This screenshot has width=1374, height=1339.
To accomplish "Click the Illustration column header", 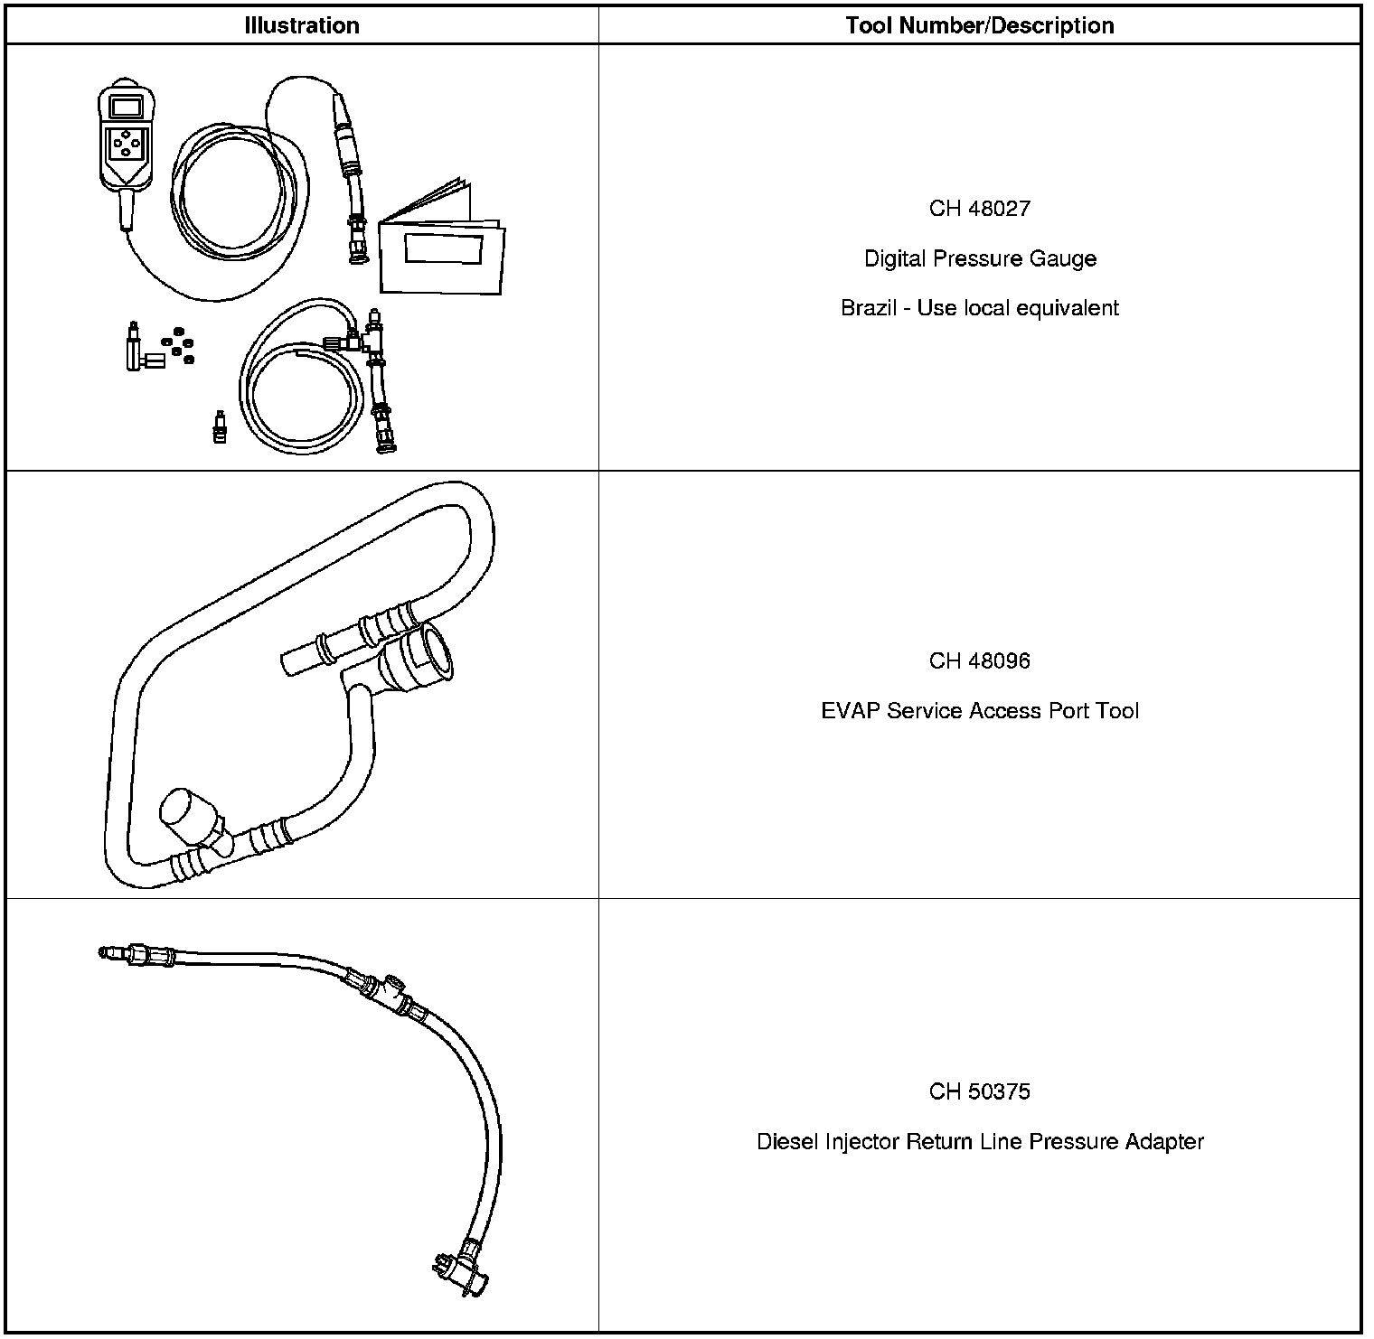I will [301, 25].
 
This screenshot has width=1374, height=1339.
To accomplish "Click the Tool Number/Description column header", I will [979, 25].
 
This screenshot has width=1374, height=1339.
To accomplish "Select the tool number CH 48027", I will [979, 209].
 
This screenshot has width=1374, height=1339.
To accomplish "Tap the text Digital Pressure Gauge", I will [980, 259].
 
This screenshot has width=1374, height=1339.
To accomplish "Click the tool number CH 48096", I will [979, 661].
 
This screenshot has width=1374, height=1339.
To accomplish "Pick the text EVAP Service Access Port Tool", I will [980, 712].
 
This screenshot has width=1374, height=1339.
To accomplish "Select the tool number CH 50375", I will [979, 1092].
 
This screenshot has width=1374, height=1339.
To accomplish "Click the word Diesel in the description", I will [787, 1142].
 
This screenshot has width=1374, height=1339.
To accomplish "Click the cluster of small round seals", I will [178, 342].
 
